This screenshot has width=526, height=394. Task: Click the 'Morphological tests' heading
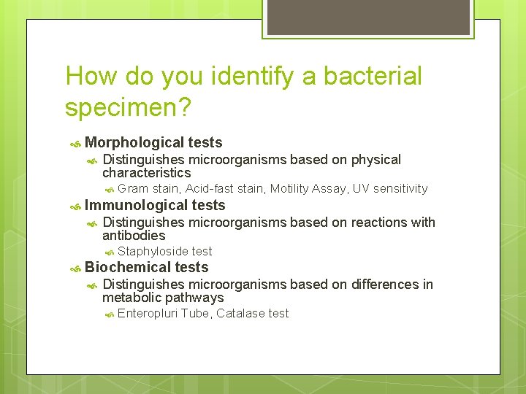[x=153, y=143]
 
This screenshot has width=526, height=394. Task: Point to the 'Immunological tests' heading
[x=155, y=206]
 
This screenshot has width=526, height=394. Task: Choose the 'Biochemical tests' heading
[x=146, y=268]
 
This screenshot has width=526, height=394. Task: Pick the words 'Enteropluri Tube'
[x=163, y=313]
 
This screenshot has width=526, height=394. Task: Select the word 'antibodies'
[x=134, y=236]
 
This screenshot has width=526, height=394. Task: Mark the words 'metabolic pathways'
[x=163, y=298]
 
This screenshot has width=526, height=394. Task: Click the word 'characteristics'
[x=146, y=173]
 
